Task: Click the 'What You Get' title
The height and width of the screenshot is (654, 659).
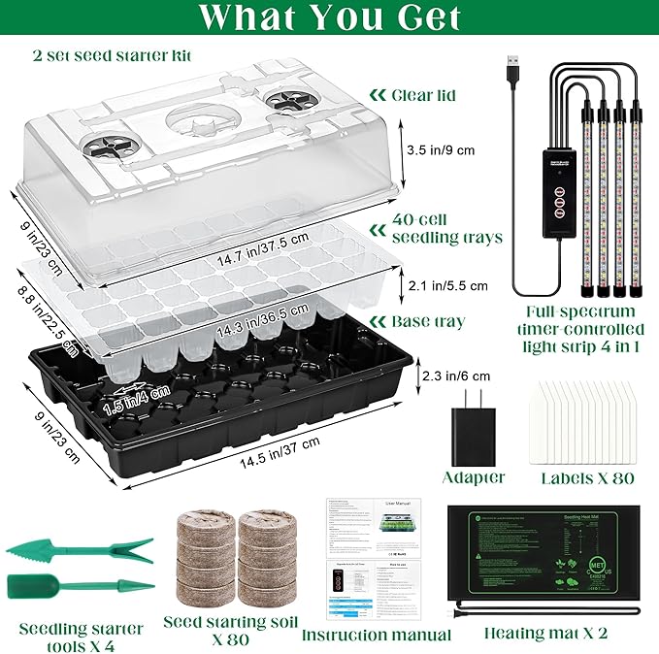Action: [329, 17]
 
